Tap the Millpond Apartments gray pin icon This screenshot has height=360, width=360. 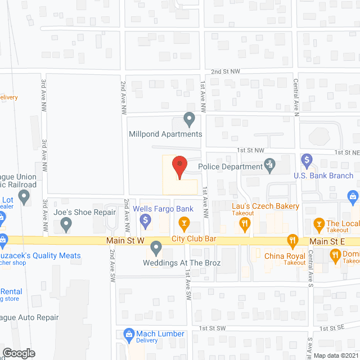[x=190, y=119]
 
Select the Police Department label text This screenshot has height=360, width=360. [x=231, y=166]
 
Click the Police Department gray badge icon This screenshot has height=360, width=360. [x=270, y=165]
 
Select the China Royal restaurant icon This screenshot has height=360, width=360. [x=292, y=242]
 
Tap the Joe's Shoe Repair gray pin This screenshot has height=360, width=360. [x=66, y=226]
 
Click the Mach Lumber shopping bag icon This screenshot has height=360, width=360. [x=128, y=334]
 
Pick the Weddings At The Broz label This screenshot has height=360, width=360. [x=182, y=263]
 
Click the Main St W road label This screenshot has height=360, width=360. [x=126, y=241]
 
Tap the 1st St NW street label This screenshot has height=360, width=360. [x=250, y=151]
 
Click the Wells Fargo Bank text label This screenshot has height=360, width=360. [x=163, y=209]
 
